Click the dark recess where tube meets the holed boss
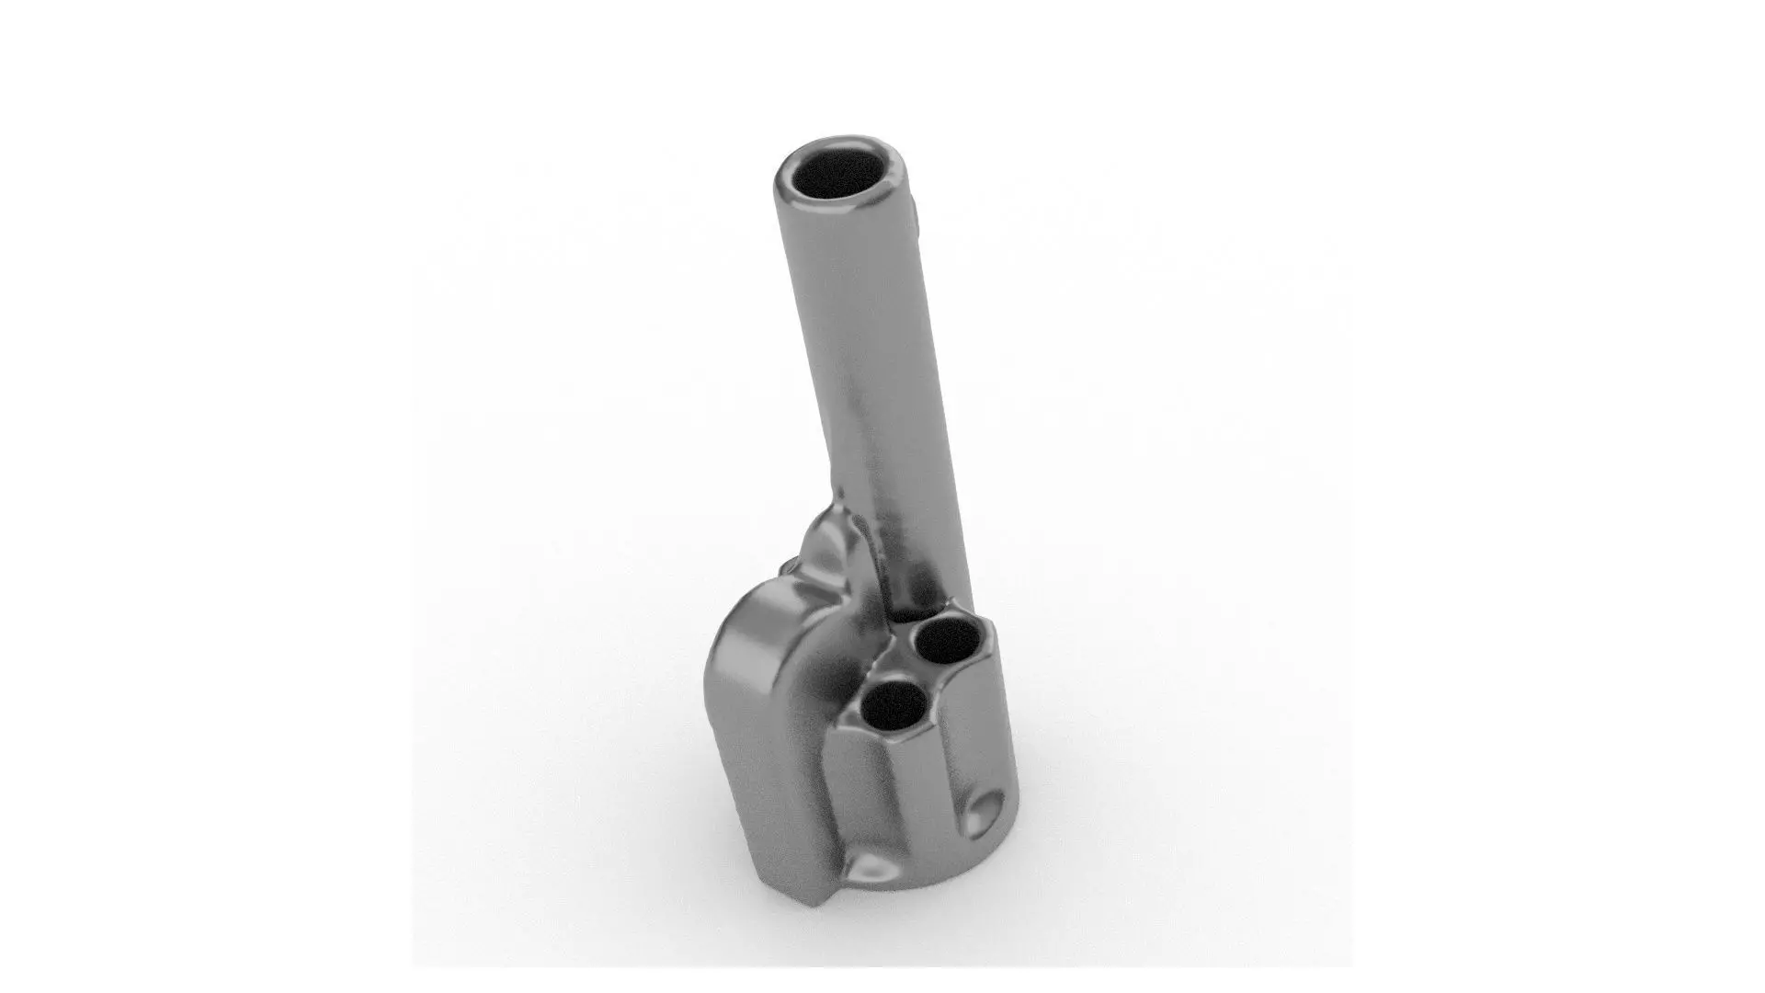[x=910, y=614]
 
